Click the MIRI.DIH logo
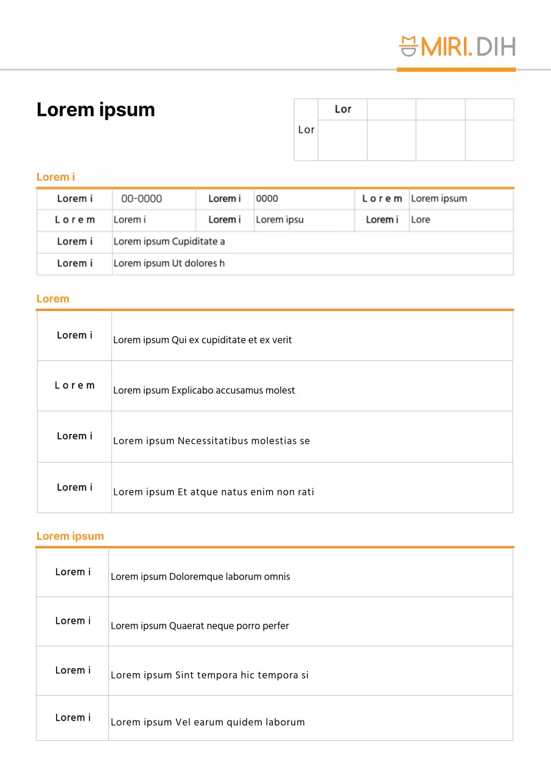click(x=457, y=46)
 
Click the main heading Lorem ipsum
click(x=96, y=110)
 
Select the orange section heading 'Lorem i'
click(x=55, y=177)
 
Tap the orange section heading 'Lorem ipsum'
click(x=70, y=536)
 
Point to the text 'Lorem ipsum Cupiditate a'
click(x=169, y=242)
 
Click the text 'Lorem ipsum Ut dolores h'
click(x=169, y=264)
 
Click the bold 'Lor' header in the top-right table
click(x=343, y=110)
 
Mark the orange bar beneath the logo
click(x=456, y=70)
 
